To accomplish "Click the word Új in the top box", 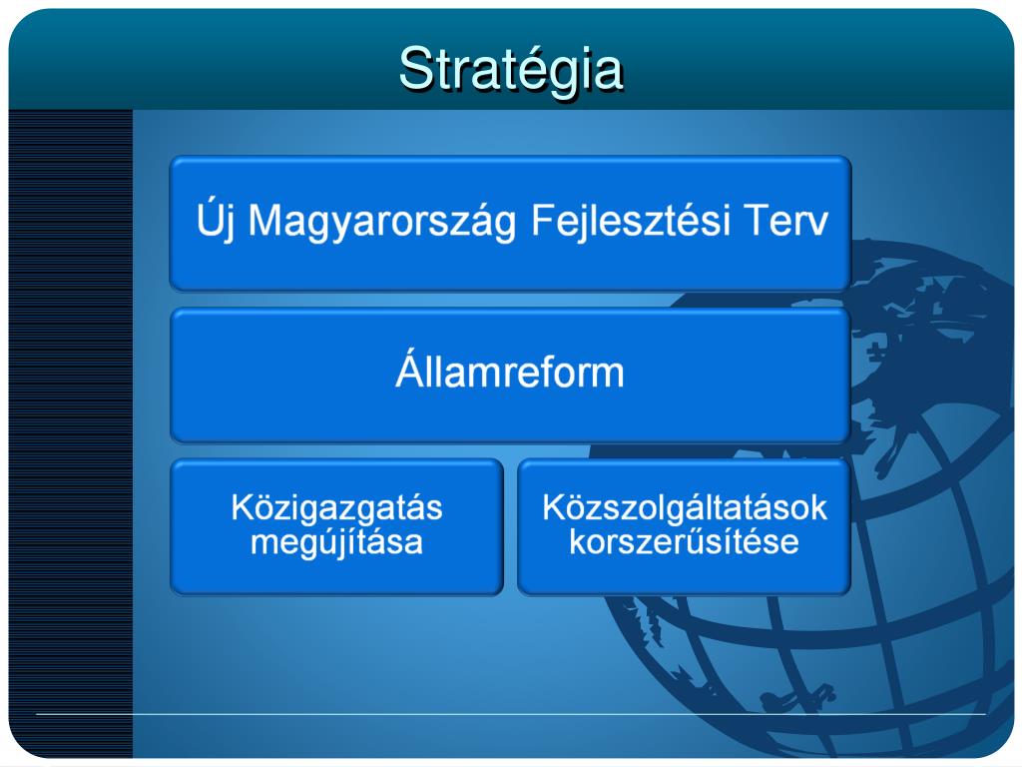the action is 216,221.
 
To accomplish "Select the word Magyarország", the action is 382,222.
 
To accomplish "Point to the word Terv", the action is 785,220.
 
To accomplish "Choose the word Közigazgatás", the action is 337,508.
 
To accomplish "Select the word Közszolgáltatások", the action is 685,507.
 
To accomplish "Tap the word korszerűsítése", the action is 685,541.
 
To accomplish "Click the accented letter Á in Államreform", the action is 410,369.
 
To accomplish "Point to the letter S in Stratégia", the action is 417,69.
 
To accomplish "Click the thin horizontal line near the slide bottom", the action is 510,714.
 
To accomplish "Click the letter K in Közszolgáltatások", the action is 553,507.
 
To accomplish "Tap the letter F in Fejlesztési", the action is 545,220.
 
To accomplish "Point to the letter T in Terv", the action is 757,220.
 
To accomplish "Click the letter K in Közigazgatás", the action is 243,507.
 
